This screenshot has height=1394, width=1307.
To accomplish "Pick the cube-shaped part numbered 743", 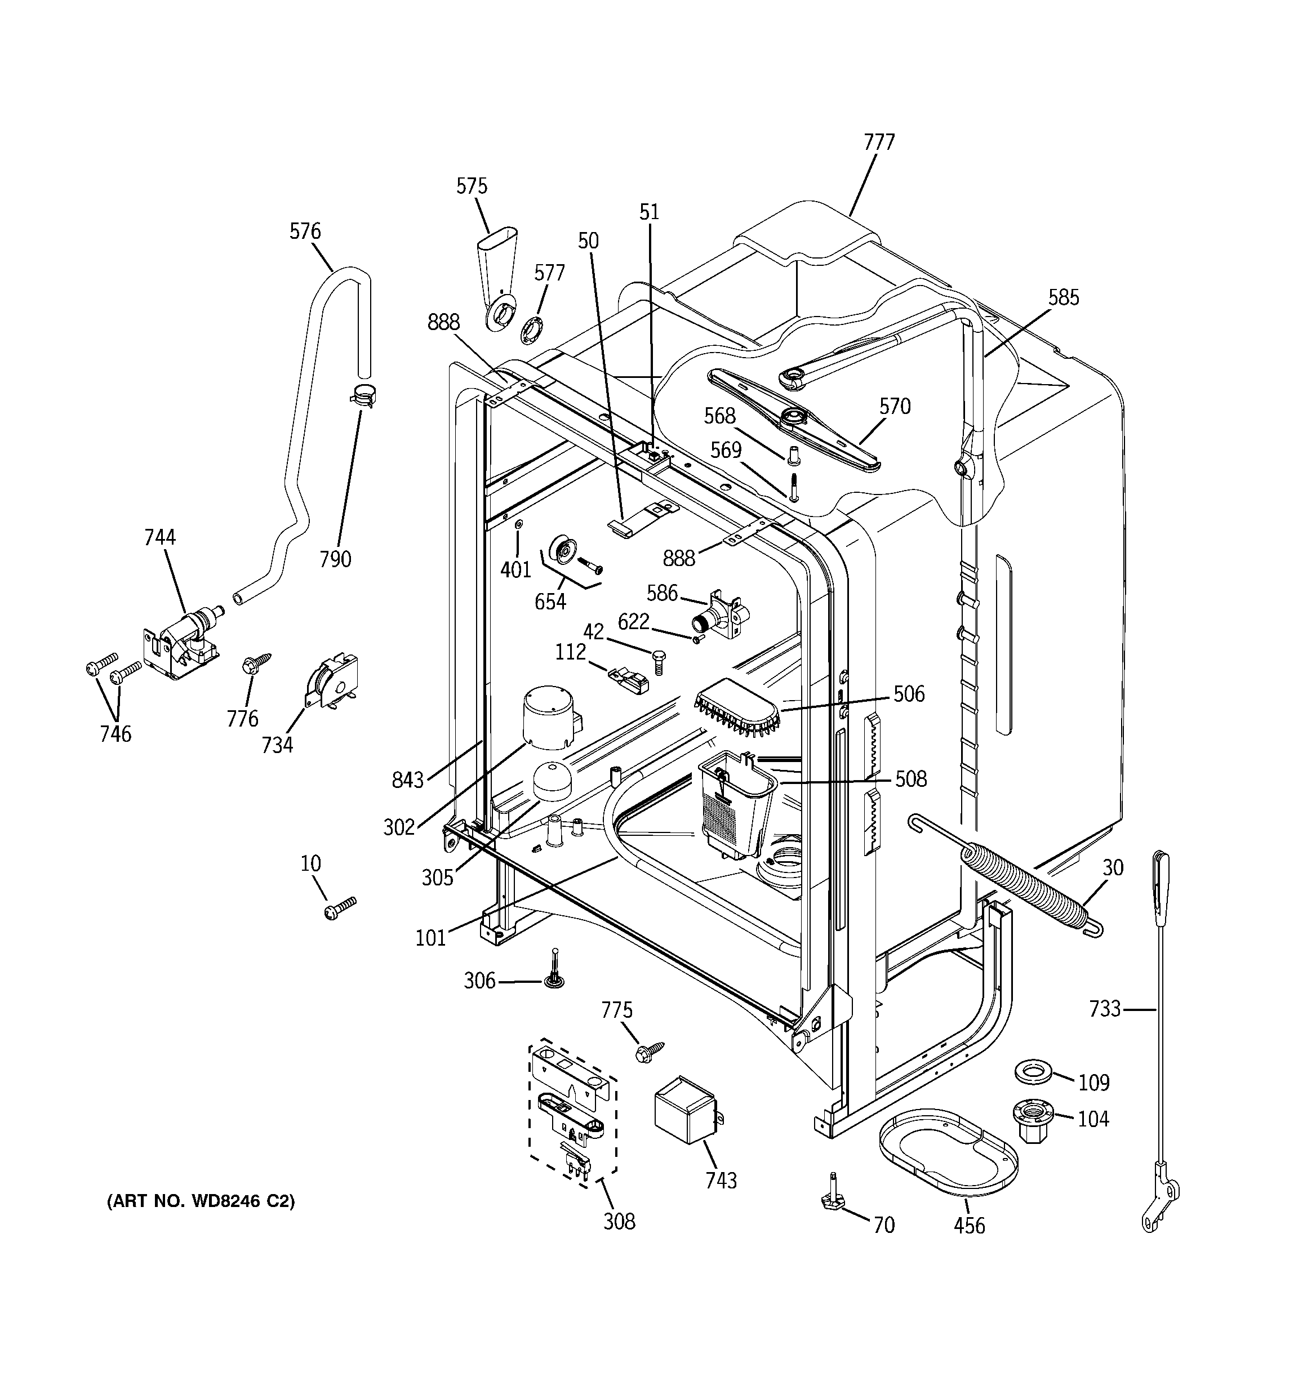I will click(x=684, y=1116).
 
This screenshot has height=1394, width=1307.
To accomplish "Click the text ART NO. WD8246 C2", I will click(x=201, y=1201).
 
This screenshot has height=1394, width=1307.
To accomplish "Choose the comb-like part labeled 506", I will click(x=737, y=708).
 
